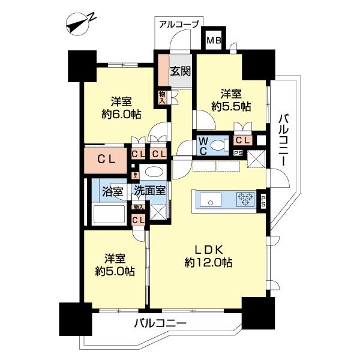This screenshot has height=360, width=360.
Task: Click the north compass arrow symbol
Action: (79, 25)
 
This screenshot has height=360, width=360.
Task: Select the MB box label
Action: (213, 41)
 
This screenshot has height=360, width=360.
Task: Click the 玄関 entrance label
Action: (181, 71)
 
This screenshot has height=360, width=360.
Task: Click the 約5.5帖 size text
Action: (231, 106)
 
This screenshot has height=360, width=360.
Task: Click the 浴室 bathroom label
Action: (112, 193)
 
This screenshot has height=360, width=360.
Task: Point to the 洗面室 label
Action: (149, 193)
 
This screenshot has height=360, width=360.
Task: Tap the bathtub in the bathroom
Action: (109, 214)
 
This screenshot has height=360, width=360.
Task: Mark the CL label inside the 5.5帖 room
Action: (243, 140)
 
